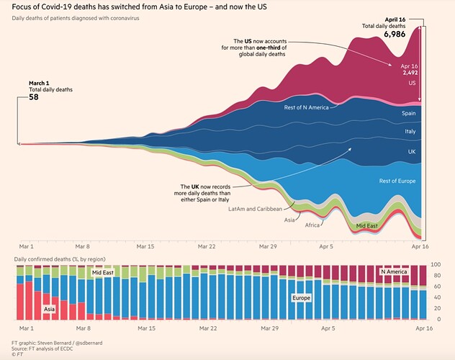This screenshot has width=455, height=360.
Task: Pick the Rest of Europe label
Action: [398, 181]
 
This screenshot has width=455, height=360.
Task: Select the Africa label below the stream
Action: [312, 225]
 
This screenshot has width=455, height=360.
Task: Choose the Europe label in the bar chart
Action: [302, 297]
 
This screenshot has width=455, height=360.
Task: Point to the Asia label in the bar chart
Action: [50, 309]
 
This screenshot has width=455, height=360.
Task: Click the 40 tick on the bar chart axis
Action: [437, 297]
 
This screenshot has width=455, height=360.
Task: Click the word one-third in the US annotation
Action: [276, 48]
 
